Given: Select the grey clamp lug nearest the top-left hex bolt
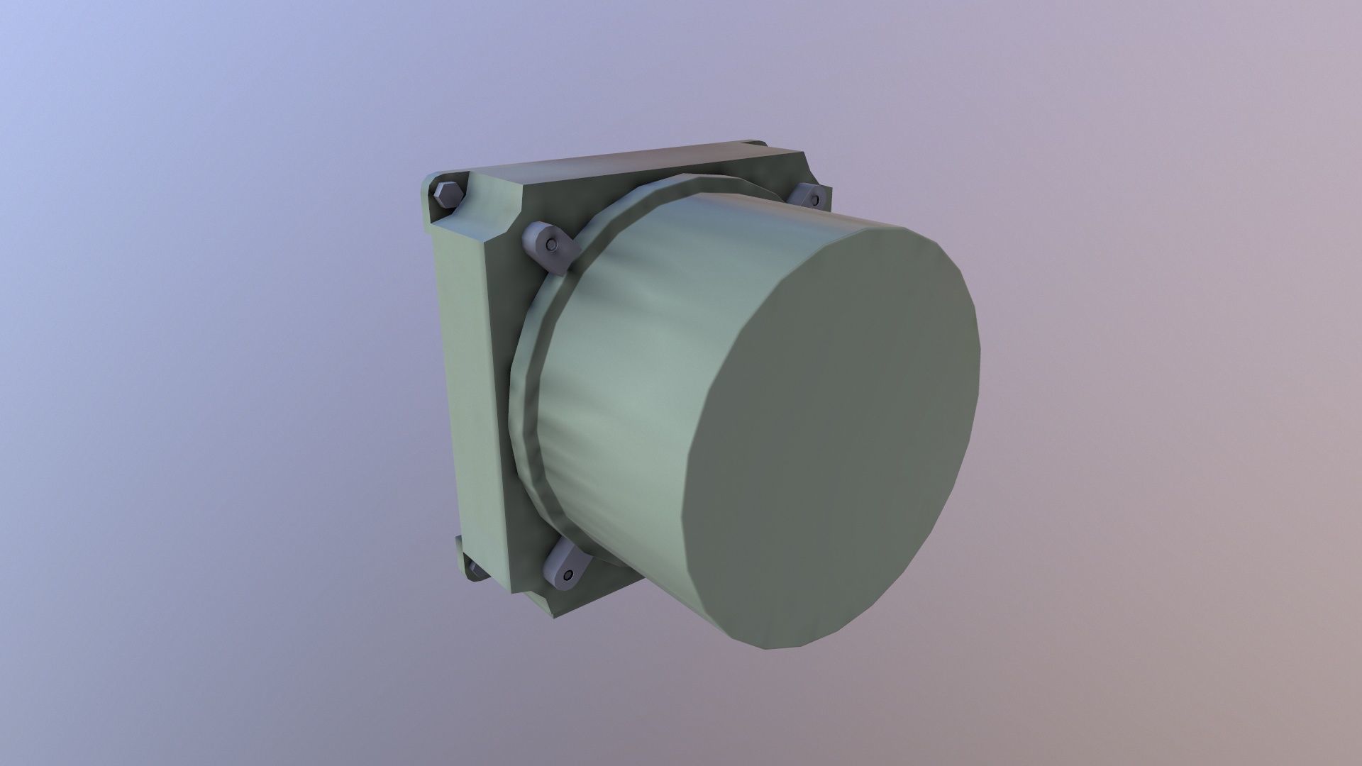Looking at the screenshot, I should pyautogui.click(x=550, y=248).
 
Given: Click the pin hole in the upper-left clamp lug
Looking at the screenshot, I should pyautogui.click(x=552, y=245).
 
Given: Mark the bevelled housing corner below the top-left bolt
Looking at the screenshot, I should pyautogui.click(x=497, y=227).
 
